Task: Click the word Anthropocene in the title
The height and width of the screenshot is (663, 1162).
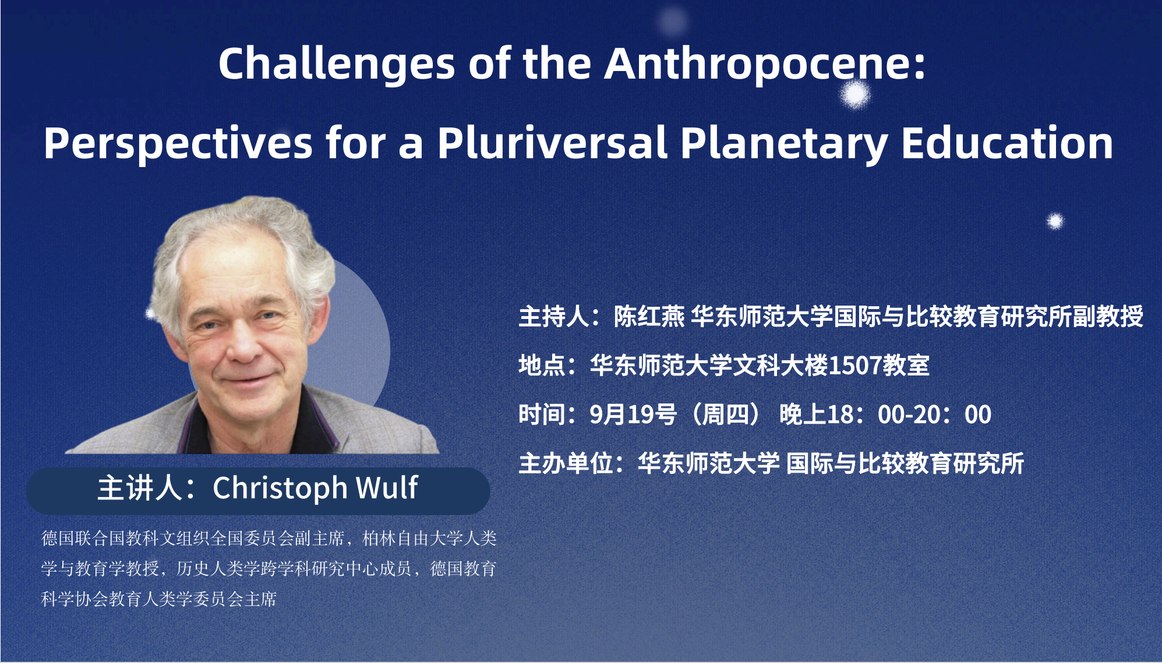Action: point(765,63)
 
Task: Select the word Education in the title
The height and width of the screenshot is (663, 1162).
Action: point(1008,143)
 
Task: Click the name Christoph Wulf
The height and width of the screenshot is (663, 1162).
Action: point(315,488)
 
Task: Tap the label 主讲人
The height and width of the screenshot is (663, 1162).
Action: point(140,488)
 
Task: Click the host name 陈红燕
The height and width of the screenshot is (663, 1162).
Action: point(649,317)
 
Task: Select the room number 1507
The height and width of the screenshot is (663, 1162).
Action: point(854,366)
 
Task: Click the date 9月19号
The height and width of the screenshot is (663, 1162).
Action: point(633,415)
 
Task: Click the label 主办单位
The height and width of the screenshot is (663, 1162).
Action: point(566,464)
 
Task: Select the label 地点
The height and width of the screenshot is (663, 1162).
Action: point(542,366)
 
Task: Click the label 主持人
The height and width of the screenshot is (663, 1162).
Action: point(553,317)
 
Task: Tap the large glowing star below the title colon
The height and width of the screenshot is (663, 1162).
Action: point(855,94)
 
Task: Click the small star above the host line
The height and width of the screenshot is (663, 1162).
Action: point(1055,221)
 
